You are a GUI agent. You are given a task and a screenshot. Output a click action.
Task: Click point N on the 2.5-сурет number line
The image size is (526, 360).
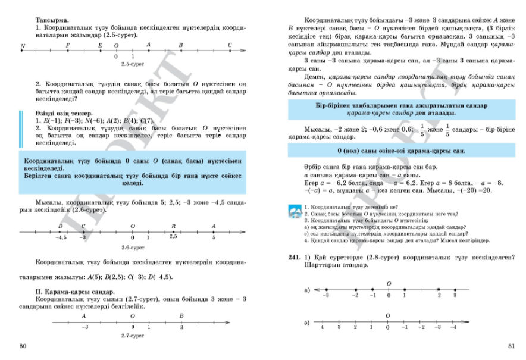pos(22,46)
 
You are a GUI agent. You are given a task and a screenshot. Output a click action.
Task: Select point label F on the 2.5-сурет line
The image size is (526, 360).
pos(67,45)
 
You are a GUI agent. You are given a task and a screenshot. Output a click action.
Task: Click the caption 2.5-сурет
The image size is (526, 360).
pos(129,62)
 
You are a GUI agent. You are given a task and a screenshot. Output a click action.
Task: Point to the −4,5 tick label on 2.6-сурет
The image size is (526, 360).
pos(60,237)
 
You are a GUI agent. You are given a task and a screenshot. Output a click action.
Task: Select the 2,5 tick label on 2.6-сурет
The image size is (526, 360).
pos(173,237)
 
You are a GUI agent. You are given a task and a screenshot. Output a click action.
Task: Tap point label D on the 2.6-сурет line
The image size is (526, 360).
pos(60,226)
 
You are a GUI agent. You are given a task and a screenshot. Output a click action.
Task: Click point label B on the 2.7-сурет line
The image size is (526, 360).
pos(181,315)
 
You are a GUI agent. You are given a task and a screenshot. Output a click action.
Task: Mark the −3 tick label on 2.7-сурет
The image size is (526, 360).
pos(85,328)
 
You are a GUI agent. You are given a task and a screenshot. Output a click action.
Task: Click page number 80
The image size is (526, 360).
pos(23,346)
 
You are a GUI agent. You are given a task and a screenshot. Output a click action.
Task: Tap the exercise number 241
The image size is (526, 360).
pos(293,258)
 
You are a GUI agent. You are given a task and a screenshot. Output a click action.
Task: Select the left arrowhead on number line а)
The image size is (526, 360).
pos(312,290)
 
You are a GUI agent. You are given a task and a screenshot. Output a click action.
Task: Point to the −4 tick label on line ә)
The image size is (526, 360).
pos(453,328)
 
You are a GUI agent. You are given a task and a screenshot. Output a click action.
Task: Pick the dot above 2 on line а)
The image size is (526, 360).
pos(439,290)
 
